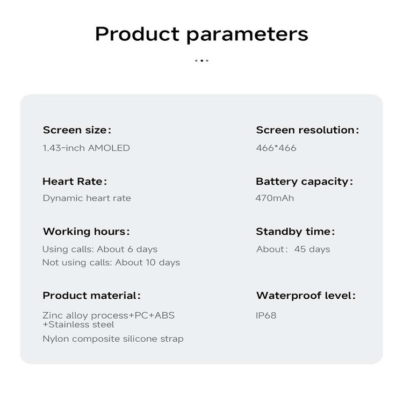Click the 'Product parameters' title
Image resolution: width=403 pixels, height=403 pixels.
pyautogui.click(x=201, y=34)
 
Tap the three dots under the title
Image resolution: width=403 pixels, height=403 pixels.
pyautogui.click(x=201, y=61)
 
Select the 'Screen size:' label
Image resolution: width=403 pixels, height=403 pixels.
pyautogui.click(x=77, y=130)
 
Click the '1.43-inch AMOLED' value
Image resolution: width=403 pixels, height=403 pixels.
pyautogui.click(x=86, y=148)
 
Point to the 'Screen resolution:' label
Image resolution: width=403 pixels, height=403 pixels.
pyautogui.click(x=307, y=130)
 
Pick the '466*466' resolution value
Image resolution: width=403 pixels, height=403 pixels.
pyautogui.click(x=276, y=148)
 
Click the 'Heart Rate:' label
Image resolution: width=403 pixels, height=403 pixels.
pyautogui.click(x=75, y=182)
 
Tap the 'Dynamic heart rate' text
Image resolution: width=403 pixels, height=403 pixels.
pyautogui.click(x=87, y=198)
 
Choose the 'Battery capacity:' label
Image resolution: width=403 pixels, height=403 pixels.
pyautogui.click(x=304, y=182)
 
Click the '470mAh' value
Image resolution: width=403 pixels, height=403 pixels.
pyautogui.click(x=275, y=198)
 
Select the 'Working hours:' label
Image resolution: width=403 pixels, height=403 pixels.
pyautogui.click(x=86, y=232)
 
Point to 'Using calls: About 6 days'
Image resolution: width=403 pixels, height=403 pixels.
pyautogui.click(x=100, y=249)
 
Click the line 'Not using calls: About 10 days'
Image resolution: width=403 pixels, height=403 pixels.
pyautogui.click(x=111, y=262)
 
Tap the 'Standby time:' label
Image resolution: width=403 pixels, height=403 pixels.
pyautogui.click(x=296, y=232)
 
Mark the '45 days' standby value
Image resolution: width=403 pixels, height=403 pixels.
pyautogui.click(x=312, y=249)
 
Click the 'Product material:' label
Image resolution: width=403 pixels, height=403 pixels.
pyautogui.click(x=91, y=296)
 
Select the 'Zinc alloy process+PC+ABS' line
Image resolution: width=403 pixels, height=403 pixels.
pyautogui.click(x=109, y=315)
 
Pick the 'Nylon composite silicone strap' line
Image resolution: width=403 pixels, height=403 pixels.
pyautogui.click(x=113, y=339)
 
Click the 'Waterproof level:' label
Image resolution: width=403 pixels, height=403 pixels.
pyautogui.click(x=306, y=296)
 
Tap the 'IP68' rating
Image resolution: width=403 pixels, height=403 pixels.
pyautogui.click(x=266, y=315)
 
